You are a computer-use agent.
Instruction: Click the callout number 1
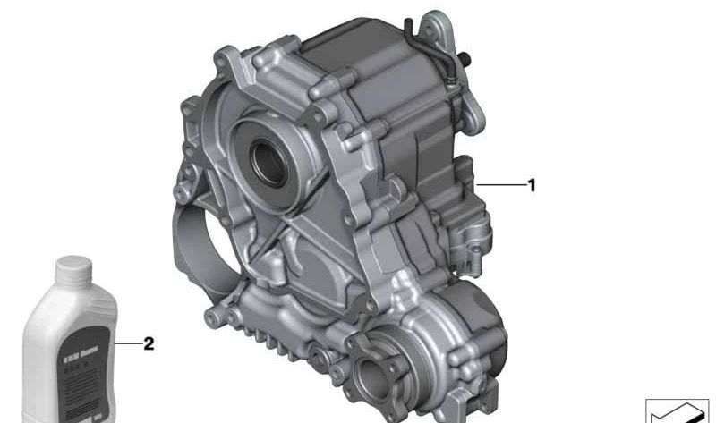click(532, 186)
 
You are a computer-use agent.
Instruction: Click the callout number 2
click(149, 343)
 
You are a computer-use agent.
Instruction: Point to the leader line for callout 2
click(127, 343)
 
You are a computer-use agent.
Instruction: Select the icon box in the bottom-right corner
click(677, 410)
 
